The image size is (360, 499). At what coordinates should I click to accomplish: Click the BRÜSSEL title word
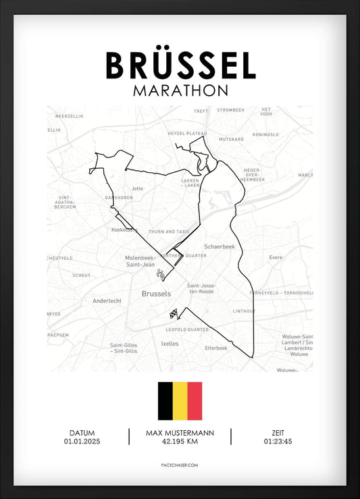tap(180, 65)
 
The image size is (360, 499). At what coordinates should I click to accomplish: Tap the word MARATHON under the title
tap(180, 90)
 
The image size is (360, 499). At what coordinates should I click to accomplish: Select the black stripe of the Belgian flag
tap(165, 401)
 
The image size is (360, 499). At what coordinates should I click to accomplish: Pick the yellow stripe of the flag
tap(180, 401)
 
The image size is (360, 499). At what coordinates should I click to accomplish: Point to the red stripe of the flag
tap(195, 401)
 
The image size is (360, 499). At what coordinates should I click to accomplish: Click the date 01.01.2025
tap(82, 442)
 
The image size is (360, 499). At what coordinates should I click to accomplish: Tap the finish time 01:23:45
tap(278, 442)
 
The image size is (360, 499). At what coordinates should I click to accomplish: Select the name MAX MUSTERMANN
tap(180, 433)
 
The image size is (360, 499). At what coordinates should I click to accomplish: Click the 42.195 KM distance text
tap(180, 442)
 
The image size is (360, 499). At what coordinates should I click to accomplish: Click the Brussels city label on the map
tap(156, 294)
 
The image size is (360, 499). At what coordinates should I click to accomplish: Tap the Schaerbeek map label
tap(219, 247)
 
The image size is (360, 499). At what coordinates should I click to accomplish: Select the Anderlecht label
tap(107, 301)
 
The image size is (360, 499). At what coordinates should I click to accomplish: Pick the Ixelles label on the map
tap(170, 343)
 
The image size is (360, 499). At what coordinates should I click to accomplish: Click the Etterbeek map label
tap(216, 348)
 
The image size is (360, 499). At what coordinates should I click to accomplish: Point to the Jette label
tap(138, 188)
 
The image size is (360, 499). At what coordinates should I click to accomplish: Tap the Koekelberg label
tap(124, 230)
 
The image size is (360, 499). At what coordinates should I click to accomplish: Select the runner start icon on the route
tap(161, 274)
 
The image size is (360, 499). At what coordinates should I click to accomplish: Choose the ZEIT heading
tap(278, 433)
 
